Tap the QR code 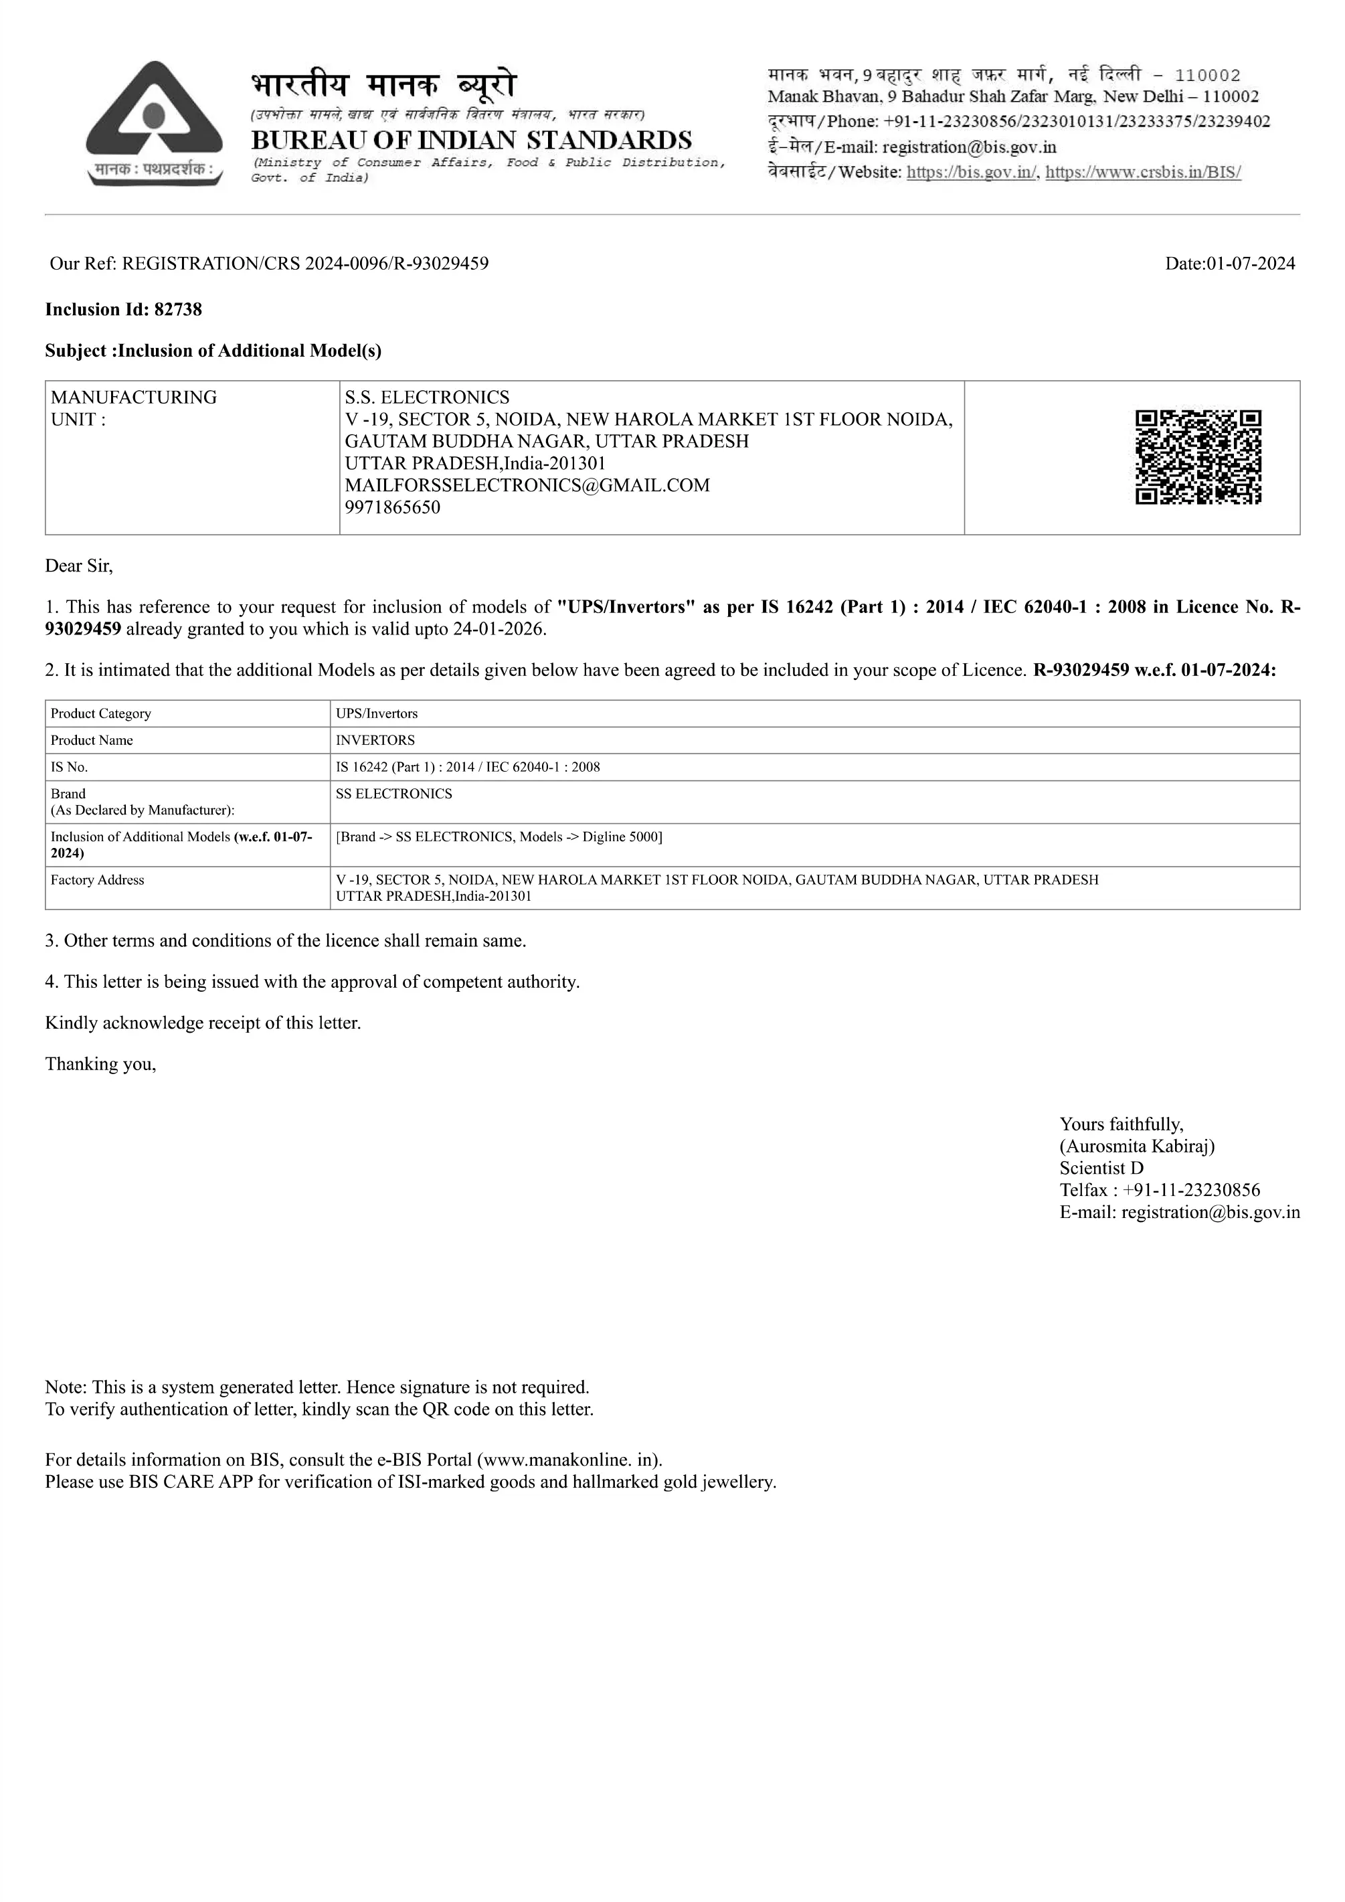click(1198, 456)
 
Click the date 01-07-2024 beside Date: click(1251, 264)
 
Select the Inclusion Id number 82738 click(178, 310)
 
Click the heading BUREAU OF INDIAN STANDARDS click(471, 139)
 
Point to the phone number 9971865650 click(393, 507)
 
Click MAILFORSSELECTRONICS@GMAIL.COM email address click(527, 485)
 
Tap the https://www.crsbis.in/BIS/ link click(1143, 172)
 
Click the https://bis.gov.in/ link click(972, 172)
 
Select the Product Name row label click(92, 740)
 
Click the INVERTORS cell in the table click(375, 740)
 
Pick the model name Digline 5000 click(620, 837)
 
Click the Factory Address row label click(98, 880)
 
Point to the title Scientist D click(1101, 1168)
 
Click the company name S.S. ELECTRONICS click(428, 398)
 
